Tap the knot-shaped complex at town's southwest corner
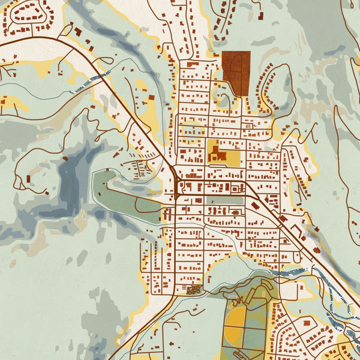coord(194,290)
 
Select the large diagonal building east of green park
coord(256,206)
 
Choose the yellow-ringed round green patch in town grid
coord(192,129)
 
